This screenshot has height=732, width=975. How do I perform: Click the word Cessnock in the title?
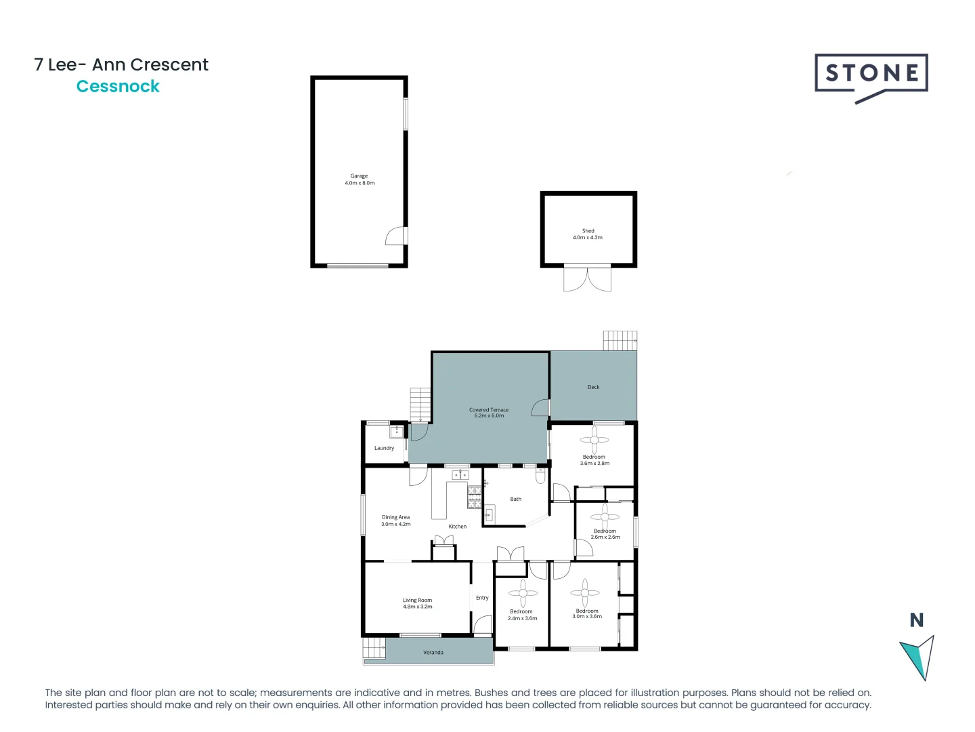click(x=118, y=87)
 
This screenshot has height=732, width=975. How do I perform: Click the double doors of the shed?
click(x=587, y=279)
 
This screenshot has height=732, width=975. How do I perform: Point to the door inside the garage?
click(x=395, y=236)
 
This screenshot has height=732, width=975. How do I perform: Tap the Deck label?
click(x=593, y=387)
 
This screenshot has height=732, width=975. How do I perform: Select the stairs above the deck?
click(x=620, y=340)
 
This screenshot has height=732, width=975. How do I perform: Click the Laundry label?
click(x=384, y=448)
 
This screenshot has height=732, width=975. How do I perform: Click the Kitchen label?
click(x=457, y=527)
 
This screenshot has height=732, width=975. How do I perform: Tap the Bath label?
click(x=515, y=500)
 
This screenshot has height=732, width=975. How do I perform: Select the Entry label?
click(x=482, y=598)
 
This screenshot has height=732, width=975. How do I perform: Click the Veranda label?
click(x=433, y=653)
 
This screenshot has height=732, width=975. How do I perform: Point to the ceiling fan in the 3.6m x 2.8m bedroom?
click(x=594, y=440)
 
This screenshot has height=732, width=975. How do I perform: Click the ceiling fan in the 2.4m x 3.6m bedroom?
click(x=523, y=594)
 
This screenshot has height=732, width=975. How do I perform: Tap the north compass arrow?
click(x=918, y=657)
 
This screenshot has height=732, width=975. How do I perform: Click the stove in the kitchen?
click(x=474, y=497)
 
